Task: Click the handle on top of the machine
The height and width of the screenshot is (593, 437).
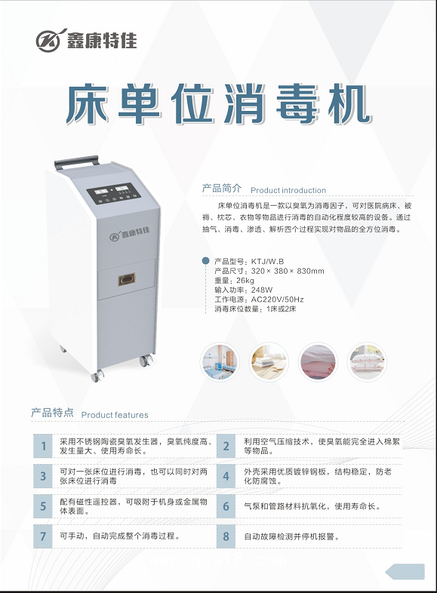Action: point(76,162)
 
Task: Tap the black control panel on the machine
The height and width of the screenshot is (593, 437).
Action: point(114,193)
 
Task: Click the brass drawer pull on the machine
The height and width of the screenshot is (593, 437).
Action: point(126,279)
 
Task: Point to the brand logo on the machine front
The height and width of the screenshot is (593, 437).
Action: point(129,233)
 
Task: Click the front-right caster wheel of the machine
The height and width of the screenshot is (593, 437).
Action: point(146,361)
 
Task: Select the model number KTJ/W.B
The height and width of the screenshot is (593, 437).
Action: point(267,261)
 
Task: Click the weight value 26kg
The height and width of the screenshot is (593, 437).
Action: point(245,280)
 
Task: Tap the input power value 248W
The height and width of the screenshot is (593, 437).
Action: point(262,290)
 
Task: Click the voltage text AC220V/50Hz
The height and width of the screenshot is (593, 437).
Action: point(277,300)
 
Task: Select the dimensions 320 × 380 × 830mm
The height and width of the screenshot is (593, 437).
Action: point(288,271)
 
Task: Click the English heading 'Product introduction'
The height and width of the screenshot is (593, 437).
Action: point(288,190)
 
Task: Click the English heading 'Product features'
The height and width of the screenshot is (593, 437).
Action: point(115,415)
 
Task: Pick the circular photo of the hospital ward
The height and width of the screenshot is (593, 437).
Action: point(220,361)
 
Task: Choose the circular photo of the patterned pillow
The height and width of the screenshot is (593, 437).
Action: point(367,361)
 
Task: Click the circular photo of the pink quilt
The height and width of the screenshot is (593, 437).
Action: point(318,361)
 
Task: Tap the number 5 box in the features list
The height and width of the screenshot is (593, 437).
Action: point(43,506)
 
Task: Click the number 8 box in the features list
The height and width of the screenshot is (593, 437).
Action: point(226,536)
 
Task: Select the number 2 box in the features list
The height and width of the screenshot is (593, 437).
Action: point(226,446)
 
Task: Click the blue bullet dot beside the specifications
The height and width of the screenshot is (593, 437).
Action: point(205,260)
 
